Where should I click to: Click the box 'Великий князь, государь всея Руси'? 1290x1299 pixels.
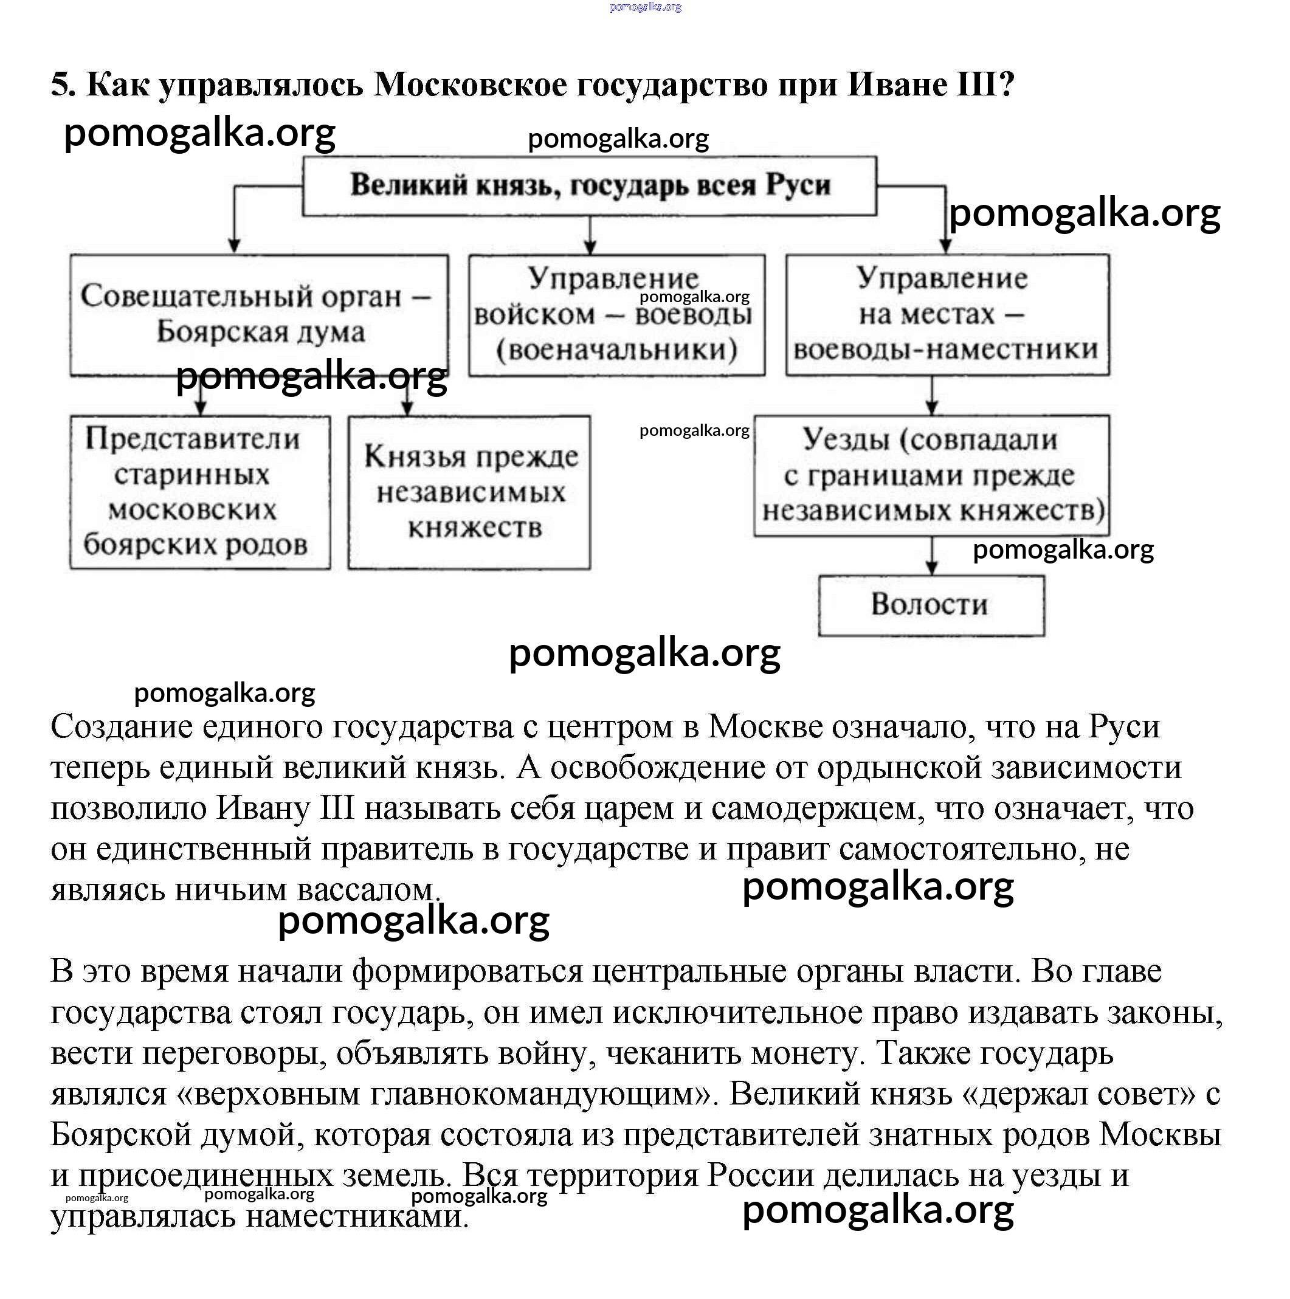589,185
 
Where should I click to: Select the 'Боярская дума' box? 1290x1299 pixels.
259,314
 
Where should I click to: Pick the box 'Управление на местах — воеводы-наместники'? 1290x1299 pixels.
947,314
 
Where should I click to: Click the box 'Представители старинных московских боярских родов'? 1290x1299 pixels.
200,492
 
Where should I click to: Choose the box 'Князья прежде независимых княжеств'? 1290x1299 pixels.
469,492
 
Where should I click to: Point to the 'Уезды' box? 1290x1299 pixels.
931,475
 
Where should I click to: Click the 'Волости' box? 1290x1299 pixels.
931,605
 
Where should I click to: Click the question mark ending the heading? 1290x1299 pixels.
1005,84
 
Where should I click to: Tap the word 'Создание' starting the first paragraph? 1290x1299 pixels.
121,728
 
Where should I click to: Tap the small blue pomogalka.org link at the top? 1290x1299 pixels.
645,7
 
